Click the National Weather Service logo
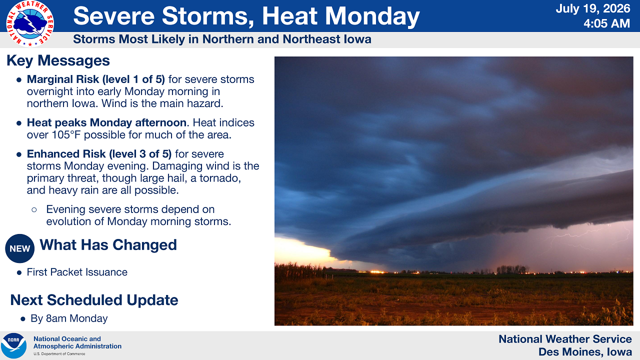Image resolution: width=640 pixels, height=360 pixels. (x=30, y=23)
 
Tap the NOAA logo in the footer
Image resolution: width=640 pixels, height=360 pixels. (x=13, y=345)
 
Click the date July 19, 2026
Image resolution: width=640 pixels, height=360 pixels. (x=593, y=8)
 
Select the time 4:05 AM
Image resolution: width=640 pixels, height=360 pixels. (x=607, y=23)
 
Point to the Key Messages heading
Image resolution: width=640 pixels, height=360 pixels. (x=58, y=60)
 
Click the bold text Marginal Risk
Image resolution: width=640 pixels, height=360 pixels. (x=62, y=79)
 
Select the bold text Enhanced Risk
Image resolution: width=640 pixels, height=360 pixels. (x=66, y=154)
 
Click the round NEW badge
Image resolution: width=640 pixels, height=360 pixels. (x=19, y=248)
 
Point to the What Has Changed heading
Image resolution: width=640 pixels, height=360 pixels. (x=108, y=245)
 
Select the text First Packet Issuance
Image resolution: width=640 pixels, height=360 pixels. (x=77, y=272)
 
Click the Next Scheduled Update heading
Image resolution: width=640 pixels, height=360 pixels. (x=94, y=300)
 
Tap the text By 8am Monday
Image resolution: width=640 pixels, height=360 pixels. (x=69, y=318)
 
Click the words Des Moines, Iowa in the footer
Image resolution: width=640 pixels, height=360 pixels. (x=585, y=351)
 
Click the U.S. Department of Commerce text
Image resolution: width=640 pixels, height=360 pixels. (x=59, y=353)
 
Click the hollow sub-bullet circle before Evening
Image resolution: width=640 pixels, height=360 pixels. (x=34, y=209)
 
